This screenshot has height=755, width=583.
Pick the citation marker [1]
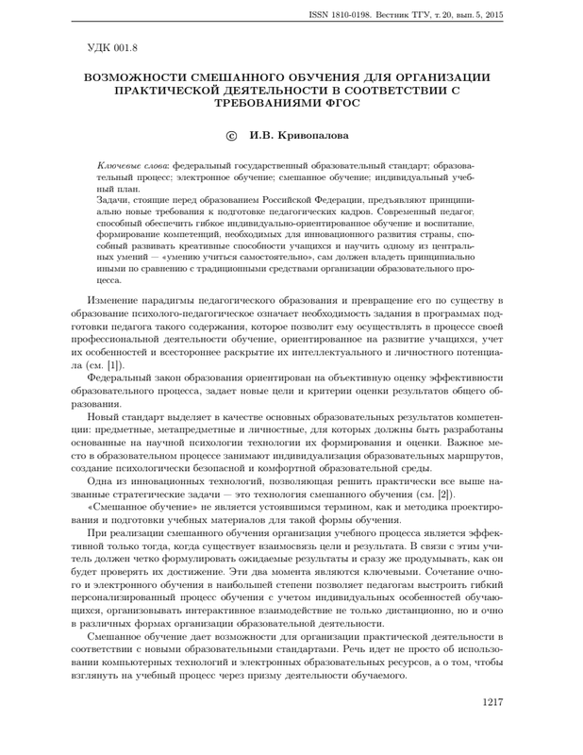pyautogui.click(x=114, y=364)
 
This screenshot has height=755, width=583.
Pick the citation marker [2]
pyautogui.click(x=446, y=494)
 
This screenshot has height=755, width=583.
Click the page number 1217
pyautogui.click(x=494, y=702)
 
